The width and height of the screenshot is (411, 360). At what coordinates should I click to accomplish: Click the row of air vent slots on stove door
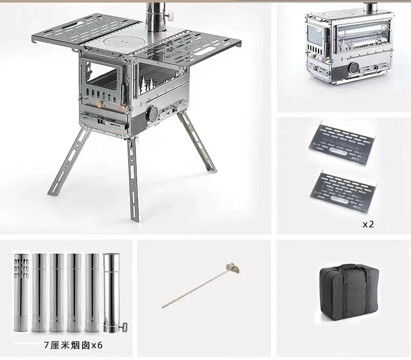tap(100, 95)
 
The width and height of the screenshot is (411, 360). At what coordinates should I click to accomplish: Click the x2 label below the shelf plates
tap(368, 224)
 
